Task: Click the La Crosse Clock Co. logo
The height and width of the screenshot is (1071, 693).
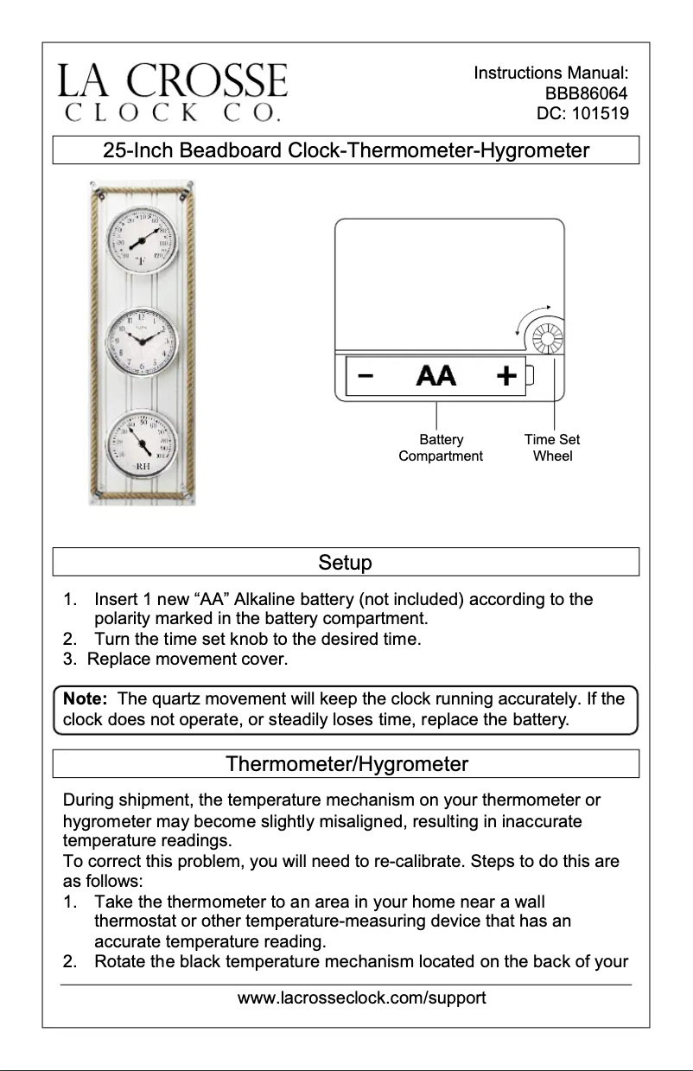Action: [x=173, y=92]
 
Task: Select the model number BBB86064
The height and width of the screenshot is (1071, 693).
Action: [x=585, y=93]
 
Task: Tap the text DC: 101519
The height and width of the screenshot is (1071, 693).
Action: [x=582, y=113]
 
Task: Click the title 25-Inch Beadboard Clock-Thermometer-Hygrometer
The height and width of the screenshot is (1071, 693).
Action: [x=346, y=150]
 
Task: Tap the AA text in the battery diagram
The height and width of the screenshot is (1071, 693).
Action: [x=436, y=377]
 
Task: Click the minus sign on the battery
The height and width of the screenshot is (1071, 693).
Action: [x=366, y=377]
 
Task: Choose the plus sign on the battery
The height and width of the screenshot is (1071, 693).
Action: [x=506, y=376]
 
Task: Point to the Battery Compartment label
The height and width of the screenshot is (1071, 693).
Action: [x=441, y=448]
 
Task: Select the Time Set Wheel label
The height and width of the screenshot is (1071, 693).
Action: [x=552, y=448]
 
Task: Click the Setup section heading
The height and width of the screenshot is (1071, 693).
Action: [x=346, y=563]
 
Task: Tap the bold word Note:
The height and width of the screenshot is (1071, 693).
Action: [x=83, y=698]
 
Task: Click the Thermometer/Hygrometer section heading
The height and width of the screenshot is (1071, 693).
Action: [x=346, y=764]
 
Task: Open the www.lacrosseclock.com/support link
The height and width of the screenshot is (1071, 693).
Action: [x=361, y=998]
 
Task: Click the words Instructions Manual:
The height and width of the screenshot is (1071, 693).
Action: [x=550, y=73]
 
